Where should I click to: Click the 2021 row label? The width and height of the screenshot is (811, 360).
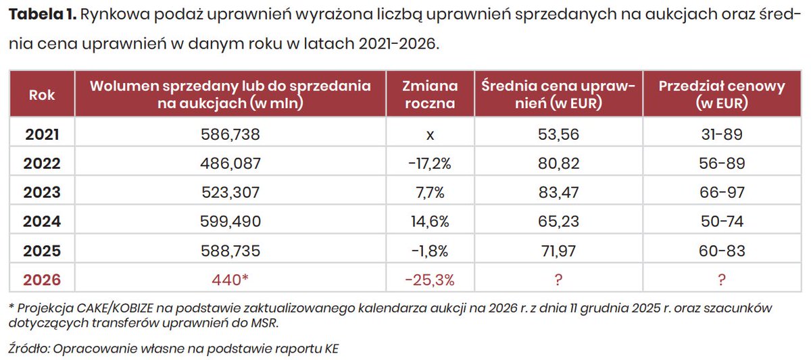43,134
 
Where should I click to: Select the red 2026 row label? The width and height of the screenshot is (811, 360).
43,280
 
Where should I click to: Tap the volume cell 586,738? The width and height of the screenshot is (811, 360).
230,134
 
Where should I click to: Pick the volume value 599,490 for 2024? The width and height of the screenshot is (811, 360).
230,222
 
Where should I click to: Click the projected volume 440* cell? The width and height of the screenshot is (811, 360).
230,280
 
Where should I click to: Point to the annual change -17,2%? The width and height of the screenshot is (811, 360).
430,163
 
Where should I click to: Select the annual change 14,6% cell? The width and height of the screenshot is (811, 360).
430,222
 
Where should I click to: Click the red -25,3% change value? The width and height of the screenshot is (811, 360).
430,280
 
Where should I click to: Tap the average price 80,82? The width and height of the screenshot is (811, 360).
558,163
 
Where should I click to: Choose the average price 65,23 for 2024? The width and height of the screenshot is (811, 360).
558,222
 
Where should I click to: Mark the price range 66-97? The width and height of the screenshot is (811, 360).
722,192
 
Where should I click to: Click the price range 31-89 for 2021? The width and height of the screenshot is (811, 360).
722,134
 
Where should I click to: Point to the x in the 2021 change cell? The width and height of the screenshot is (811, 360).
430,134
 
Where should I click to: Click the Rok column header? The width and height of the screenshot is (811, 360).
43,95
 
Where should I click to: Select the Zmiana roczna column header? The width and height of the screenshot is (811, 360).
430,95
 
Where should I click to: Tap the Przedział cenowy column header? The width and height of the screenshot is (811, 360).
722,95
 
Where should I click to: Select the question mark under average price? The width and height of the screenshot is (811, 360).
558,280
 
